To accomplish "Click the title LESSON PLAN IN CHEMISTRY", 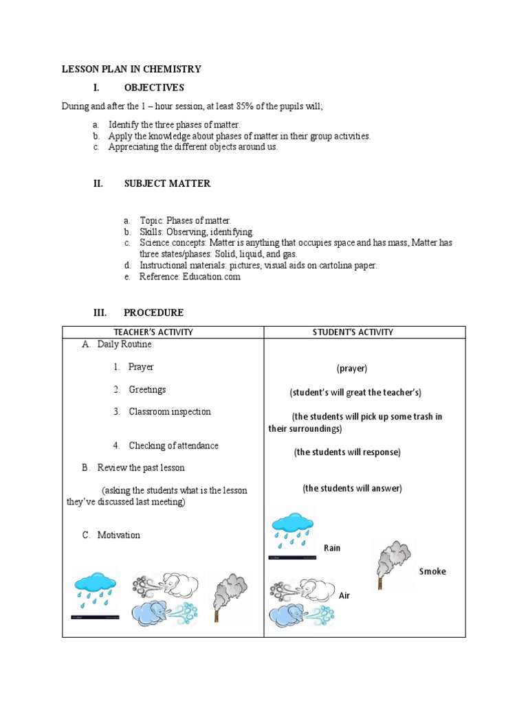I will coord(131,69).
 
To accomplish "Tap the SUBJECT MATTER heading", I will coord(167,183).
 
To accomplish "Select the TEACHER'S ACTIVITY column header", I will coord(163,332).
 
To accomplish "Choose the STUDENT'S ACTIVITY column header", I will coord(364,332).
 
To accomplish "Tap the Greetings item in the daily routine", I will coord(147,390).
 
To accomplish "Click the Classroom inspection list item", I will coord(170,412).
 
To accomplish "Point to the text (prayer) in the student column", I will coord(352,369).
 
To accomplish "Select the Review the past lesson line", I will coord(141,468).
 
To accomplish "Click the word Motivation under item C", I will coord(119,535).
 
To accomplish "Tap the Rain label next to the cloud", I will coord(332,548).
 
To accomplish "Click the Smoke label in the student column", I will coord(432,571).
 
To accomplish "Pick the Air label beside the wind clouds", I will coord(344,595).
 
